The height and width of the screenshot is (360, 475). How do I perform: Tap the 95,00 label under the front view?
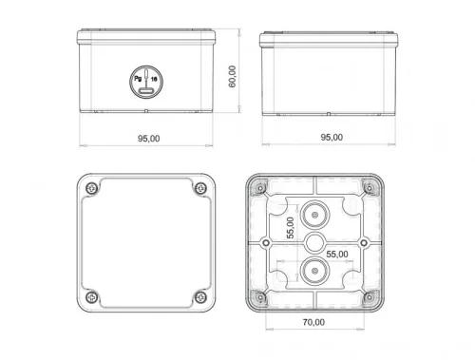(148, 138)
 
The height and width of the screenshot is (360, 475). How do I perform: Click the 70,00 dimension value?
(313, 322)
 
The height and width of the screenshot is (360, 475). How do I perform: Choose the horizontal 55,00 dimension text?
(337, 254)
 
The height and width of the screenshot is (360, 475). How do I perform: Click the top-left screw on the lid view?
(90, 188)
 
